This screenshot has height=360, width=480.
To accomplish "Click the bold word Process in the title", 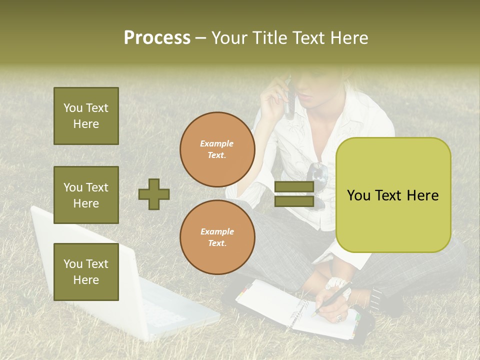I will pyautogui.click(x=157, y=37).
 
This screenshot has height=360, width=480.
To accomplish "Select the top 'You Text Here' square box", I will pyautogui.click(x=86, y=116).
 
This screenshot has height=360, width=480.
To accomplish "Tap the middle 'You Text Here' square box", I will pyautogui.click(x=86, y=195).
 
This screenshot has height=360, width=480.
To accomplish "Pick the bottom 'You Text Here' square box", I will pyautogui.click(x=86, y=272).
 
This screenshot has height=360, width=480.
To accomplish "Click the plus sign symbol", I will pyautogui.click(x=154, y=194).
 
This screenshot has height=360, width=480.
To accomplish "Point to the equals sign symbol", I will pyautogui.click(x=294, y=194).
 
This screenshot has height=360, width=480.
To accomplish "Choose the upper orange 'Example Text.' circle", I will pyautogui.click(x=217, y=149).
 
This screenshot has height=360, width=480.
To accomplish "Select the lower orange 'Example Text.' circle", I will pyautogui.click(x=217, y=237).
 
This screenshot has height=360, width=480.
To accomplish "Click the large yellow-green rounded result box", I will pyautogui.click(x=393, y=195).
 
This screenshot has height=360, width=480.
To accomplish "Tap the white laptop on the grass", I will pyautogui.click(x=100, y=280).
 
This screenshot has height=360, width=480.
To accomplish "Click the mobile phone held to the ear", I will pyautogui.click(x=288, y=97).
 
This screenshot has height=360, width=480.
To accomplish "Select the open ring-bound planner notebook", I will pyautogui.click(x=295, y=310).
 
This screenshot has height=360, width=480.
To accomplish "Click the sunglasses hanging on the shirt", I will pyautogui.click(x=317, y=180).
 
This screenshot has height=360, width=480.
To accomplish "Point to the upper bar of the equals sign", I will pyautogui.click(x=294, y=187).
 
